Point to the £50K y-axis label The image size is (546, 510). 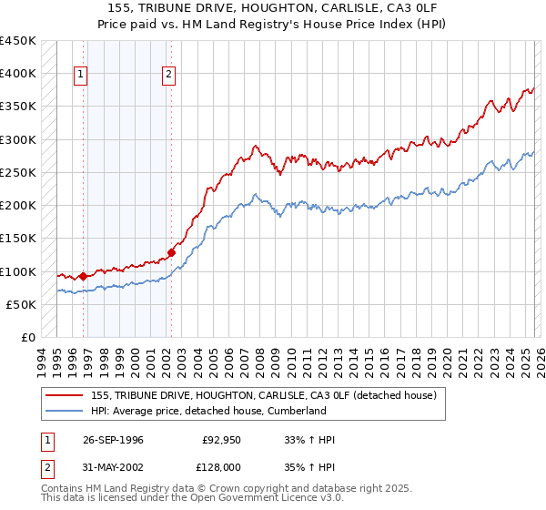21,304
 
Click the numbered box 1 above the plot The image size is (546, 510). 81,76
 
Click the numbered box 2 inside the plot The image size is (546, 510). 169,76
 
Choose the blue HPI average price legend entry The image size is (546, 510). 208,412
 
